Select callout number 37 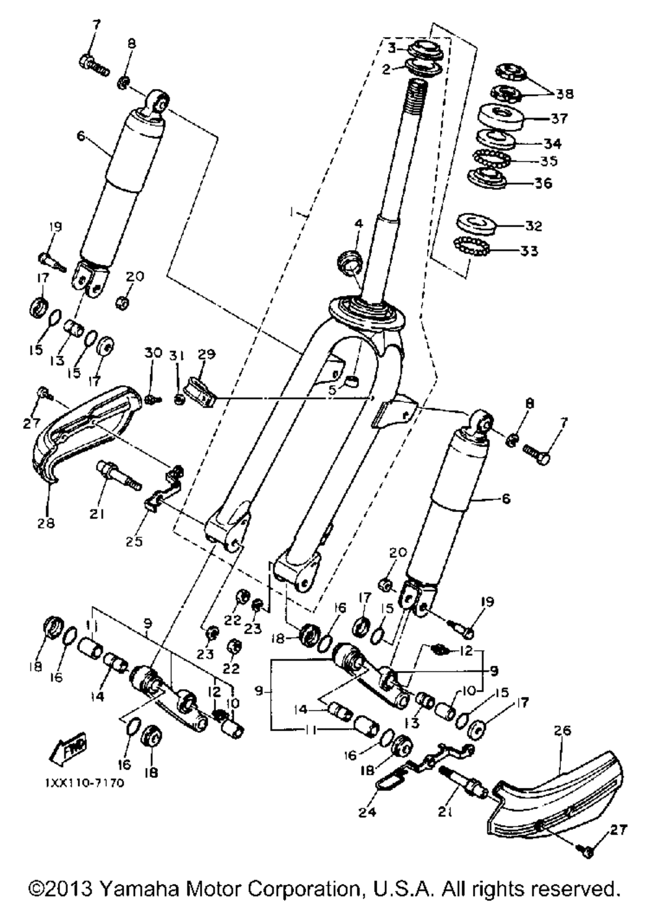pyautogui.click(x=558, y=119)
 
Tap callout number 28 pyautogui.click(x=49, y=522)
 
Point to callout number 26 pyautogui.click(x=562, y=730)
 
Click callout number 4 pyautogui.click(x=359, y=223)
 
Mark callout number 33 pyautogui.click(x=530, y=250)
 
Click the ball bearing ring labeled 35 pyautogui.click(x=491, y=158)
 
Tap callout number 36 pyautogui.click(x=543, y=183)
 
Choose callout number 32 pyautogui.click(x=534, y=226)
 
